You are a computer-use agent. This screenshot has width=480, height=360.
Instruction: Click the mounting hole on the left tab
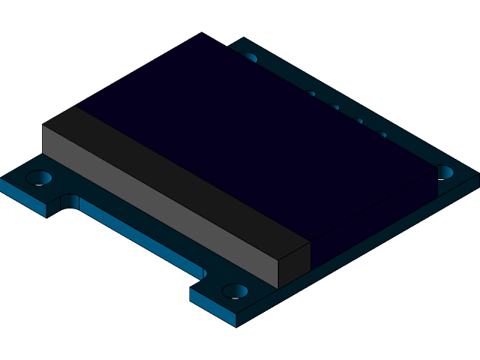pyautogui.click(x=39, y=178)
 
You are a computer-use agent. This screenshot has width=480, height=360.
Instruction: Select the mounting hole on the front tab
pyautogui.click(x=235, y=291)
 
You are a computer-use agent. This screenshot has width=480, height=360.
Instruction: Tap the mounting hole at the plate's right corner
pyautogui.click(x=445, y=172)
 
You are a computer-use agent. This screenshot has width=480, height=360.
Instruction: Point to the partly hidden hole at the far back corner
pyautogui.click(x=249, y=57)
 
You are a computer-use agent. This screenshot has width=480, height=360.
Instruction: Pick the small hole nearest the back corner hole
pyautogui.click(x=310, y=94)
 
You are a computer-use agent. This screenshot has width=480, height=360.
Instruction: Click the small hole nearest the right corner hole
pyautogui.click(x=382, y=135)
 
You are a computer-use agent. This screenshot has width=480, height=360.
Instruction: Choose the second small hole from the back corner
pyautogui.click(x=334, y=107)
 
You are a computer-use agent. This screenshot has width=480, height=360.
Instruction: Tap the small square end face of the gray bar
pyautogui.click(x=294, y=264)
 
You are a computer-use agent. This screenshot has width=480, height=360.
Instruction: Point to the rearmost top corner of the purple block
pyautogui.click(x=201, y=34)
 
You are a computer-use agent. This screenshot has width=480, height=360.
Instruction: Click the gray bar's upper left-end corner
pyautogui.click(x=43, y=124)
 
